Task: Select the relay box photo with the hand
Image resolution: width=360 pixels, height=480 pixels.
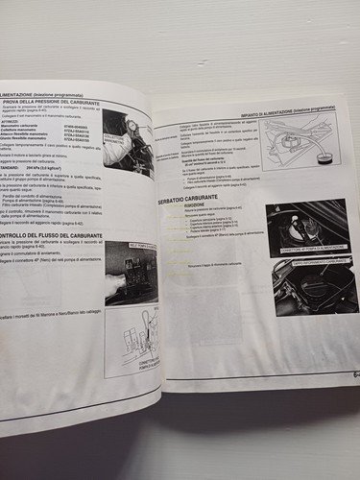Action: (130, 274)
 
